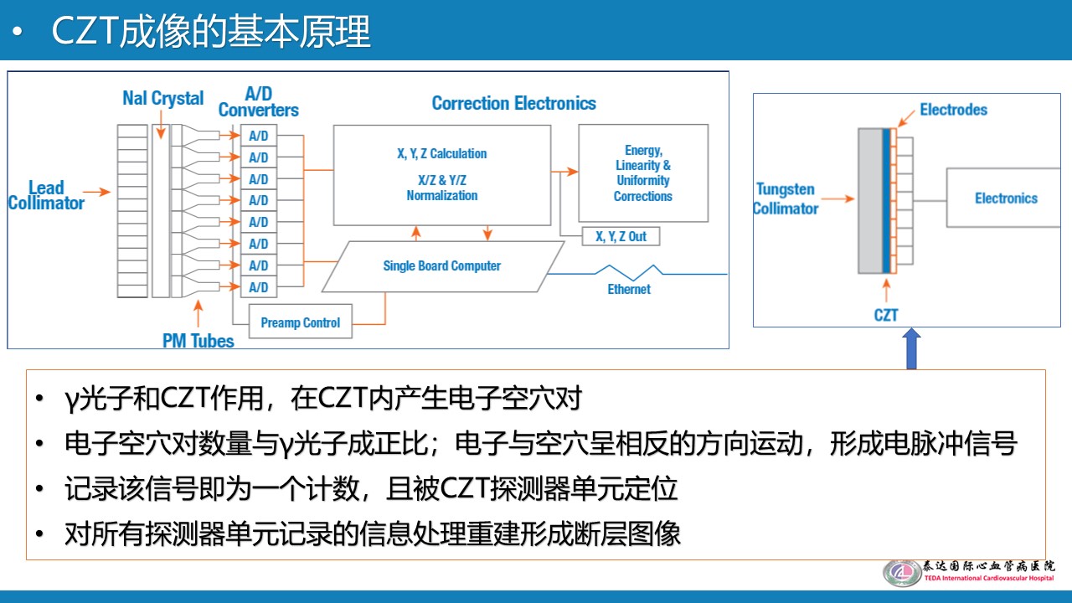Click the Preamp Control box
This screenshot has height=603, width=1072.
pos(301,322)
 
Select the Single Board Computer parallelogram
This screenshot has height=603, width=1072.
pos(443,266)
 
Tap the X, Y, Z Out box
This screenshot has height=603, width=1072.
pos(621,236)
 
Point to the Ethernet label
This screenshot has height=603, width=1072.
pos(629,289)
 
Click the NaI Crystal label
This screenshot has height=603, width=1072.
pos(162,98)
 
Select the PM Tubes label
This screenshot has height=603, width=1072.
pos(198,341)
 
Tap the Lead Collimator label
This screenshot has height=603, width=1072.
pos(46,195)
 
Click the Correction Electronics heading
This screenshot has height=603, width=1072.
pos(514,103)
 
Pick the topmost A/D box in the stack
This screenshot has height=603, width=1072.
pos(259,136)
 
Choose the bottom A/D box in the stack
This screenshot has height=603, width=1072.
pos(259,287)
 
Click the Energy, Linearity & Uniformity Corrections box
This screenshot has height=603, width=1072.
pos(643,173)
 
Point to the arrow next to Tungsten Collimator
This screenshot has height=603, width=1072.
pos(838,198)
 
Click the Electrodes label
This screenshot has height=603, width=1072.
pos(953,110)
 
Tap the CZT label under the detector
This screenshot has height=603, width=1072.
pos(886,315)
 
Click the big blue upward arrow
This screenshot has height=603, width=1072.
pos(912,348)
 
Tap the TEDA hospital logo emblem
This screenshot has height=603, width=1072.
pos(902,572)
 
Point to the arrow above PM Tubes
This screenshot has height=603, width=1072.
pos(198,313)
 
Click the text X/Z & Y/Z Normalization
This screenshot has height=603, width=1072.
pos(442,188)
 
